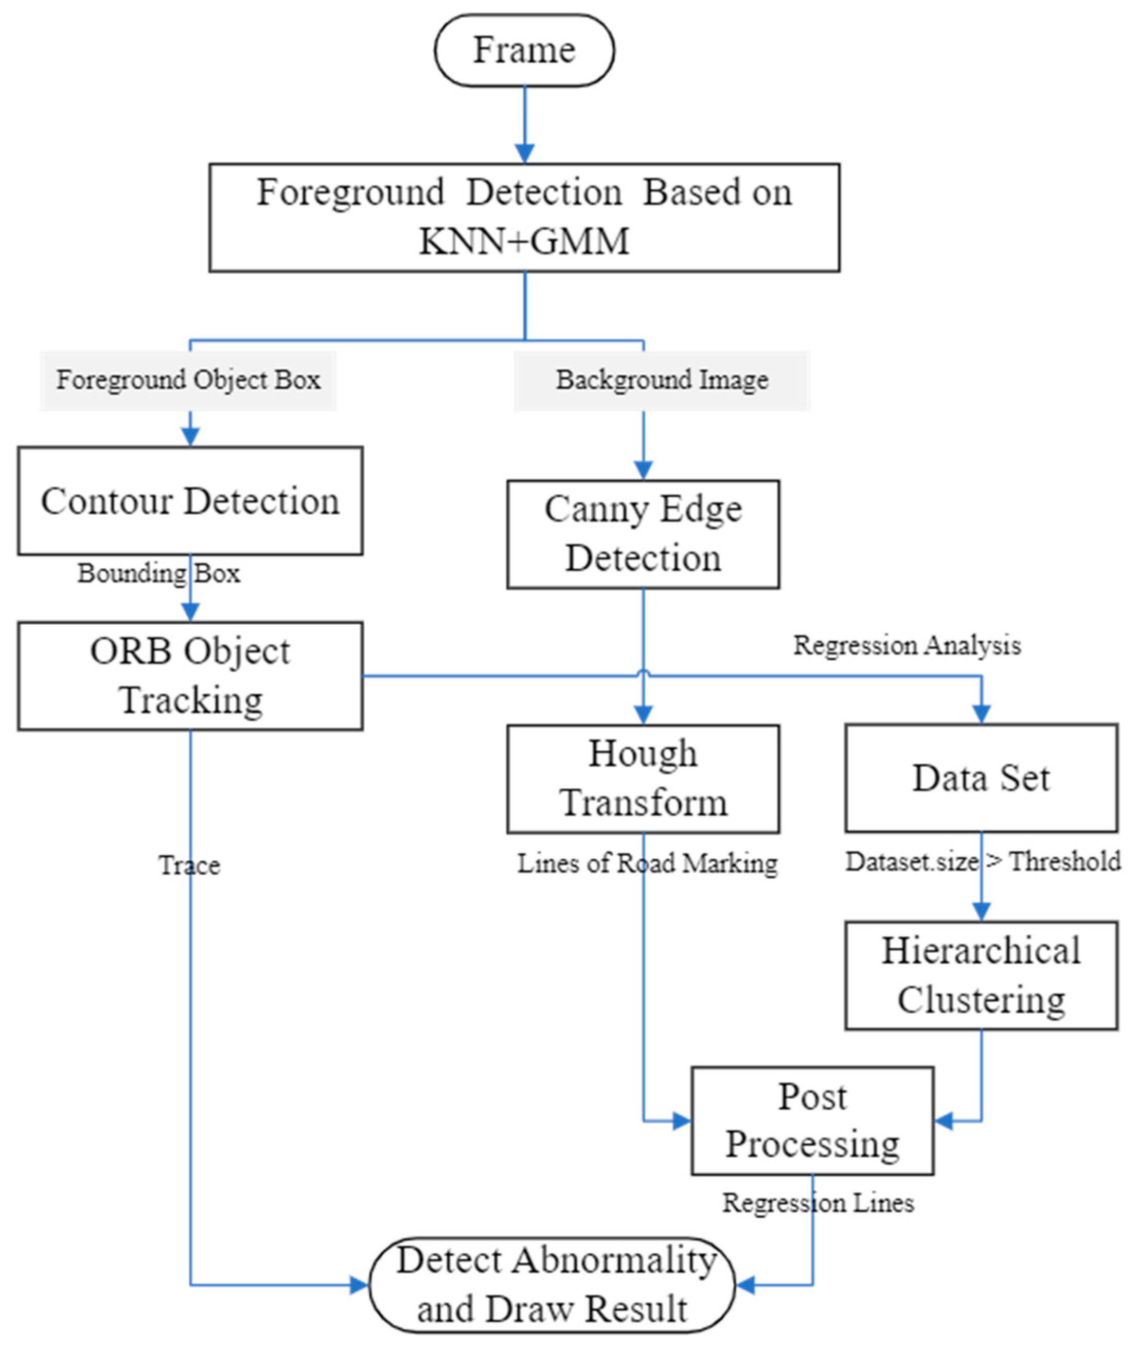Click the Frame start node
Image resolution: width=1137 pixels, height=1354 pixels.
524,50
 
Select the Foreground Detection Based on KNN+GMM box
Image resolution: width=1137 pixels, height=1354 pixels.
524,218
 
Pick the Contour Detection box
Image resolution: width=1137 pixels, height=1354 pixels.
190,501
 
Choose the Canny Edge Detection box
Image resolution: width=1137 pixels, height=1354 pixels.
643,534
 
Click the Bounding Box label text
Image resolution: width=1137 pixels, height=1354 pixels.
158,573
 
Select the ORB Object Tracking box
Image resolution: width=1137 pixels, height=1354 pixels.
190,676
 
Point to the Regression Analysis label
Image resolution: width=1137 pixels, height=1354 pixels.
907,645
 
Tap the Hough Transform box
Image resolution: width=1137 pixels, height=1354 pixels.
643,779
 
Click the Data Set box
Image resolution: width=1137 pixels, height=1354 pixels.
981,778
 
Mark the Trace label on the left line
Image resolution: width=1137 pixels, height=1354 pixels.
189,865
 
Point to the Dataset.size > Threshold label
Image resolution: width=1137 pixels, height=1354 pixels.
983,861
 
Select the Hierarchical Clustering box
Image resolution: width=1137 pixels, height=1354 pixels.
981,975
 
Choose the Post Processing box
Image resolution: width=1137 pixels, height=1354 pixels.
812,1121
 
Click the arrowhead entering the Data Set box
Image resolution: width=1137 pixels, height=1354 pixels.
981,714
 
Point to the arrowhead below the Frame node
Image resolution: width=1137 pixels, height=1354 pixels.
524,153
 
